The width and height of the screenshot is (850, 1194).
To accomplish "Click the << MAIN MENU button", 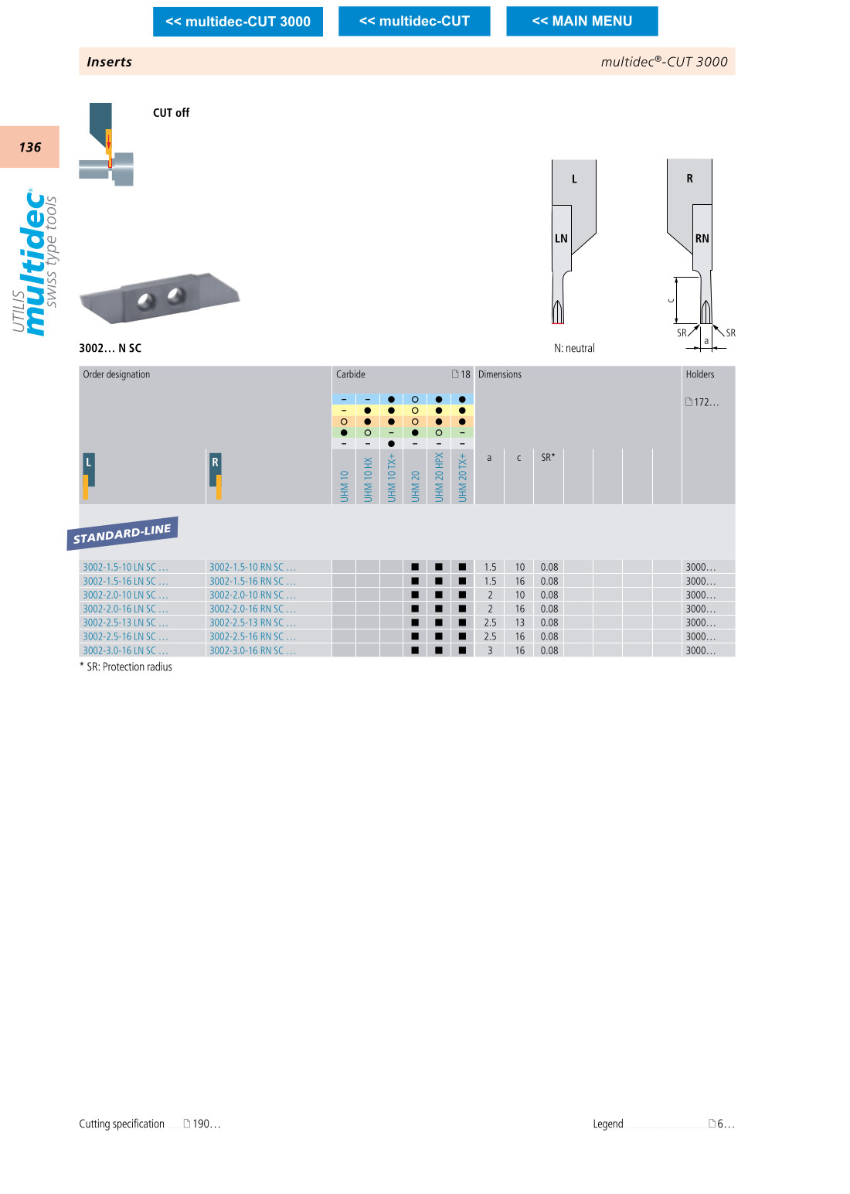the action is tap(582, 22).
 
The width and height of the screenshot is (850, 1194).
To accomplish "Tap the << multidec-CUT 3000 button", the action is tap(237, 22).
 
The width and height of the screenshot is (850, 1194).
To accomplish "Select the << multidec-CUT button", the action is tap(414, 22).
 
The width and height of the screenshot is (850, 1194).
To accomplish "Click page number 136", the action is tap(30, 147).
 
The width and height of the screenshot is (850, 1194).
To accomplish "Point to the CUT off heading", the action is tap(171, 112).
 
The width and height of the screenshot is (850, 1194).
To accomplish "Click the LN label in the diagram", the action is tap(561, 239).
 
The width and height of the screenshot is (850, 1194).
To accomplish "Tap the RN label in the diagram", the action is tap(702, 239).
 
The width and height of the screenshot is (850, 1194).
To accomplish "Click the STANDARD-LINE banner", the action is tap(123, 534).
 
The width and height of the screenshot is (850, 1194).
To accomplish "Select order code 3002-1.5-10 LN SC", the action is tap(125, 567).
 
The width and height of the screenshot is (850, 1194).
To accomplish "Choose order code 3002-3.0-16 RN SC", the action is tap(252, 651).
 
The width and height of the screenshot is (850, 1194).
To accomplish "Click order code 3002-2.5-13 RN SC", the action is tap(252, 623).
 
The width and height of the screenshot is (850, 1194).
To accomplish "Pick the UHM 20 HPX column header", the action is tap(439, 478).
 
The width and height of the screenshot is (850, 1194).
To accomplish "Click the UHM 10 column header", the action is tap(344, 486).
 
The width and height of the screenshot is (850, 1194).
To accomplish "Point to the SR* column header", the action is tap(548, 457).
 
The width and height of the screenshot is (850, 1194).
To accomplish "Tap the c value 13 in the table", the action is tap(520, 623).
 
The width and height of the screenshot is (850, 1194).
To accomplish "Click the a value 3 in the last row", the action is tap(490, 651).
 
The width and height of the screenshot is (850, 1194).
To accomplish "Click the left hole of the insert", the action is tap(146, 302).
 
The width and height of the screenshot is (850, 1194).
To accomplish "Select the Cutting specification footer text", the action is tap(121, 1124).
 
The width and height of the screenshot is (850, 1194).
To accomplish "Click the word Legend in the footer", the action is tap(607, 1124).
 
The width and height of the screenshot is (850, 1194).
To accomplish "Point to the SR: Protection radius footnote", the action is tap(126, 667).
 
